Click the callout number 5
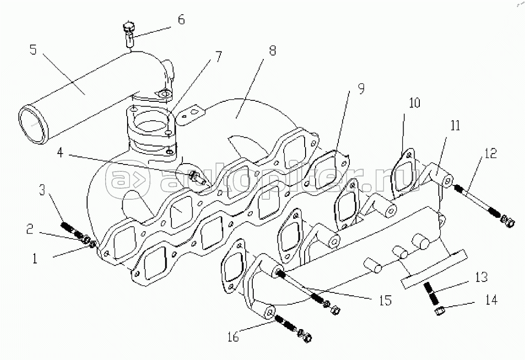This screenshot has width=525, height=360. [33, 50]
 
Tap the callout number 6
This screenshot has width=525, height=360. [181, 19]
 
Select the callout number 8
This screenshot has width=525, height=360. [273, 50]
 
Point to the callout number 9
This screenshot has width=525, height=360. [361, 88]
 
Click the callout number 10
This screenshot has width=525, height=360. [415, 103]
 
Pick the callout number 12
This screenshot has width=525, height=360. [491, 153]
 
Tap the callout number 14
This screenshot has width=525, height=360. [491, 300]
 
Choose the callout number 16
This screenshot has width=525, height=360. [233, 336]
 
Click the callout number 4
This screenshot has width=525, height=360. [60, 153]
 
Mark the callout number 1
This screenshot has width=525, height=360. [35, 258]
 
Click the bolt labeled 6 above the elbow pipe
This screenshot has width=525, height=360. [129, 34]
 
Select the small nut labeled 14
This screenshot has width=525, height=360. [439, 311]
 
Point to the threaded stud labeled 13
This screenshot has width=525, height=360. [431, 293]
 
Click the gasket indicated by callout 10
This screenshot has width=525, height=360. [404, 174]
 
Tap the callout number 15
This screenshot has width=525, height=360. [386, 300]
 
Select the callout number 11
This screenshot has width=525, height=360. [455, 126]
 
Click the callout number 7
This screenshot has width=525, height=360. [218, 57]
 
